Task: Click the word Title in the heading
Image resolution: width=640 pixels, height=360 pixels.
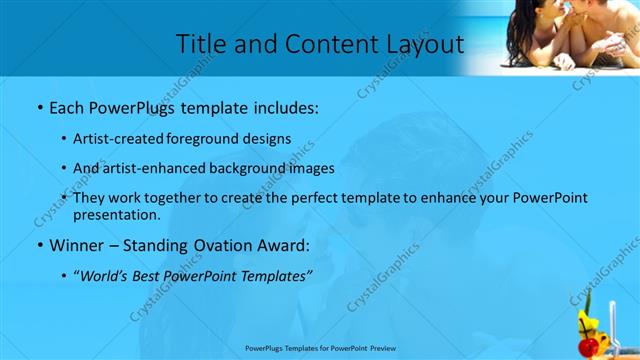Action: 201,44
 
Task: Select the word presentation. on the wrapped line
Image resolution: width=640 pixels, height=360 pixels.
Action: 117,214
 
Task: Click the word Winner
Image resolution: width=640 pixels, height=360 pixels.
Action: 78,244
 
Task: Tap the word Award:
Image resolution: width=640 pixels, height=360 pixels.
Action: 285,244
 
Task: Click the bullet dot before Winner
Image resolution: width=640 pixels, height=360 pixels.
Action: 38,245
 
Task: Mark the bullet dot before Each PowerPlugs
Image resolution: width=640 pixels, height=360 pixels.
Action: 38,106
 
